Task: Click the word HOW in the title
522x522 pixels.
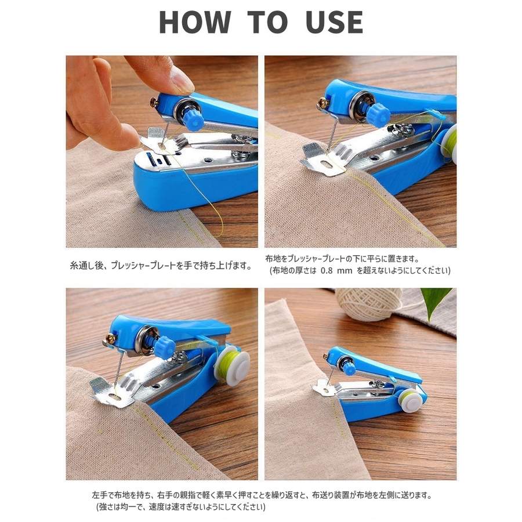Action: coord(195,22)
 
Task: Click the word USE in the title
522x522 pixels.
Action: coord(334,22)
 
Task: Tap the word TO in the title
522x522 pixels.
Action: coord(267,22)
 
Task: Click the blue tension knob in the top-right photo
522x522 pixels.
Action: coord(379,114)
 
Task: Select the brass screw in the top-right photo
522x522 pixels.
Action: coord(323,103)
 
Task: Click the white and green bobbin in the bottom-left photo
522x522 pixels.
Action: coord(231,365)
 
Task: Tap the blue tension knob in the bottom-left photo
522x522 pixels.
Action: coord(165,347)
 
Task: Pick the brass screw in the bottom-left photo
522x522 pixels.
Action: coord(110,339)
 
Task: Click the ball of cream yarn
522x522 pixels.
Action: coord(368,304)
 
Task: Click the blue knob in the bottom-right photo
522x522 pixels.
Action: coord(349,369)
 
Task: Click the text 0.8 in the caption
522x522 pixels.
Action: coord(327,270)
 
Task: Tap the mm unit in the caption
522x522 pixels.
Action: coord(345,271)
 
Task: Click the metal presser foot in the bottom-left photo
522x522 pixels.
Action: coord(112,393)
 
